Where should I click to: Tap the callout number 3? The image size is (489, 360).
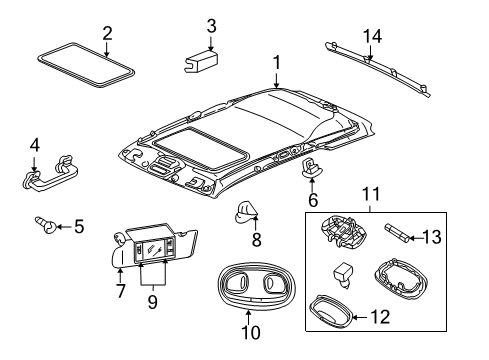211,25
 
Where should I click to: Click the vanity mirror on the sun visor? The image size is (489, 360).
155,244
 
